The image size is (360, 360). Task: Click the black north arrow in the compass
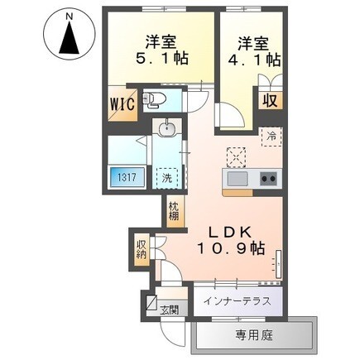pyautogui.click(x=70, y=39)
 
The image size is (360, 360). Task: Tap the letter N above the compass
pyautogui.click(x=70, y=17)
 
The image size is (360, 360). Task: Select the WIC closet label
pyautogui.click(x=122, y=103)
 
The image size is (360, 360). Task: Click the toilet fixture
pyautogui.click(x=154, y=99)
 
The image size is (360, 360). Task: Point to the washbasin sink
pyautogui.click(x=166, y=129)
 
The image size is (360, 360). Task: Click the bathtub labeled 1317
pyautogui.click(x=127, y=177)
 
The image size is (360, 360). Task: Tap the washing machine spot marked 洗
pyautogui.click(x=167, y=178)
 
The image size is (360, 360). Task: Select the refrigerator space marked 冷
pyautogui.click(x=271, y=137)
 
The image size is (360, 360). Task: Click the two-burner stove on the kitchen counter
pyautogui.click(x=268, y=179)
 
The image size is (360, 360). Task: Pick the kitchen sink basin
pyautogui.click(x=238, y=179)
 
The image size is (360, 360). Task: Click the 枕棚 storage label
pyautogui.click(x=174, y=211)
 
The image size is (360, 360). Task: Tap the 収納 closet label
pyautogui.click(x=142, y=249)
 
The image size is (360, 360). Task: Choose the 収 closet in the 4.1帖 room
pyautogui.click(x=270, y=101)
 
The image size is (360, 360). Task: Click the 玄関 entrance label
pyautogui.click(x=170, y=310)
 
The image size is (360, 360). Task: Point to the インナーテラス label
pyautogui.click(x=238, y=301)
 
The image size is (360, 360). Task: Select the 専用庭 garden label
pyautogui.click(x=254, y=335)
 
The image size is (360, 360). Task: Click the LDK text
pyautogui.click(x=230, y=233)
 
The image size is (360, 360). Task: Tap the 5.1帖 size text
pyautogui.click(x=162, y=58)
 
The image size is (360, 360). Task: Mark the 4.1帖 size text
pyautogui.click(x=254, y=59)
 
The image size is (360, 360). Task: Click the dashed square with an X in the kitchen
pyautogui.click(x=236, y=157)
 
